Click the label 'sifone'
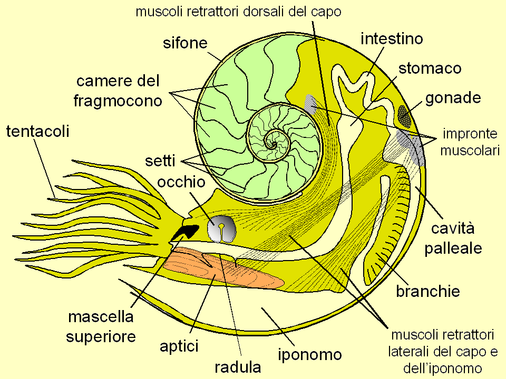coord(184,43)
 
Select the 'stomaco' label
coord(430,68)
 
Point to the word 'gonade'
coord(453,97)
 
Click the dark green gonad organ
coord(404,116)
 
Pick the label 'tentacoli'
coord(37,131)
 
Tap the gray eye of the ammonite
coord(221,229)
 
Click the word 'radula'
coord(238,366)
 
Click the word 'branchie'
coord(428,291)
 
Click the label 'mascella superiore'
coord(101,326)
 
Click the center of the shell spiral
coord(272,140)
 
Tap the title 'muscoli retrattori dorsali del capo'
coord(239,12)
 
